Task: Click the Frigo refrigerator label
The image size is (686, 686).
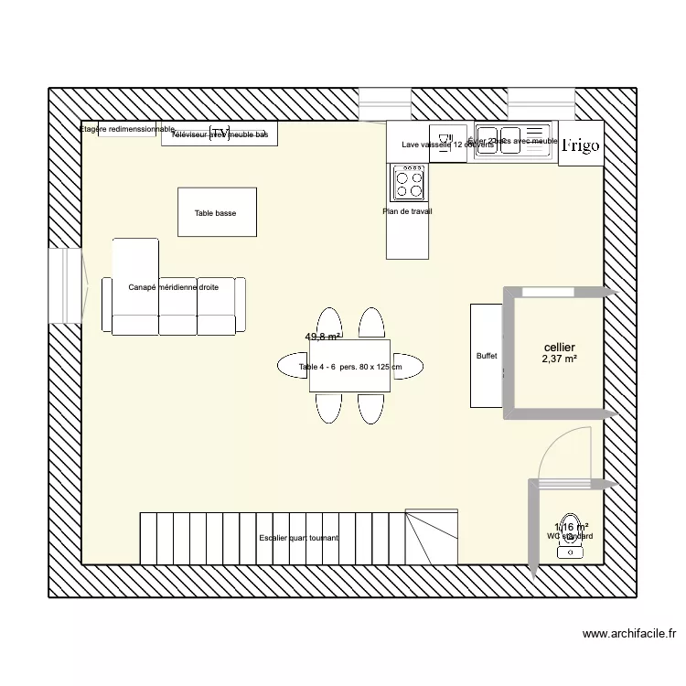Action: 581,145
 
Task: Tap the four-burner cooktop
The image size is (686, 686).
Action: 409,183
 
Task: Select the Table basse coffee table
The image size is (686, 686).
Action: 216,212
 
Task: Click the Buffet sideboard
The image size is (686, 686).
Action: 486,356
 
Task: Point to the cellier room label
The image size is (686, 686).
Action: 559,348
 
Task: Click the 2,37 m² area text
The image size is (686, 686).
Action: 559,359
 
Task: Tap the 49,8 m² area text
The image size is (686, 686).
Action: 323,337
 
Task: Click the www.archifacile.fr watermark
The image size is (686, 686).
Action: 630,633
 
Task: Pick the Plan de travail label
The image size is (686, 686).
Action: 407,212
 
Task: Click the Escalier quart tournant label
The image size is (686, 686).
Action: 298,538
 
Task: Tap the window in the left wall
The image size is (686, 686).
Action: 66,285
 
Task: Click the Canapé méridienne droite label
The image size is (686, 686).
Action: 174,287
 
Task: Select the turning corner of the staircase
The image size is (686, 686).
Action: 431,538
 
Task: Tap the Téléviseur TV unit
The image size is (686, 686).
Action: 220,134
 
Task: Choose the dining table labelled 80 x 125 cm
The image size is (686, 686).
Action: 350,367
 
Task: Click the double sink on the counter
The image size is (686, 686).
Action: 512,139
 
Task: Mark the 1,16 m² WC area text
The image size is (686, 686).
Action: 571,527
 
